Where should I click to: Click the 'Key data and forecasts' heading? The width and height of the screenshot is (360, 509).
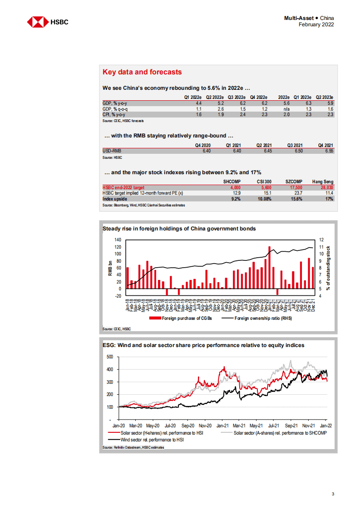click(142, 72)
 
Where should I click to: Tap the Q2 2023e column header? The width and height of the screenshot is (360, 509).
click(324, 97)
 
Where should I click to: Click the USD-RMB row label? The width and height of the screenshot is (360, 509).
click(112, 151)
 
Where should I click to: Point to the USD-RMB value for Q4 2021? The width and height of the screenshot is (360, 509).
click(329, 151)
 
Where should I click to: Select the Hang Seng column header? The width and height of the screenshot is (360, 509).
click(323, 181)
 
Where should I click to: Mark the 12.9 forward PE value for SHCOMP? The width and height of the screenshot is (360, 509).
click(235, 193)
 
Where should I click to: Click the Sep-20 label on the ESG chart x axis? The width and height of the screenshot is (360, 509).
click(188, 426)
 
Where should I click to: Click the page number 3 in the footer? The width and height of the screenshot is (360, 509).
click(333, 494)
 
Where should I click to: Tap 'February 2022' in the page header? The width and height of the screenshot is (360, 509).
click(316, 24)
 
